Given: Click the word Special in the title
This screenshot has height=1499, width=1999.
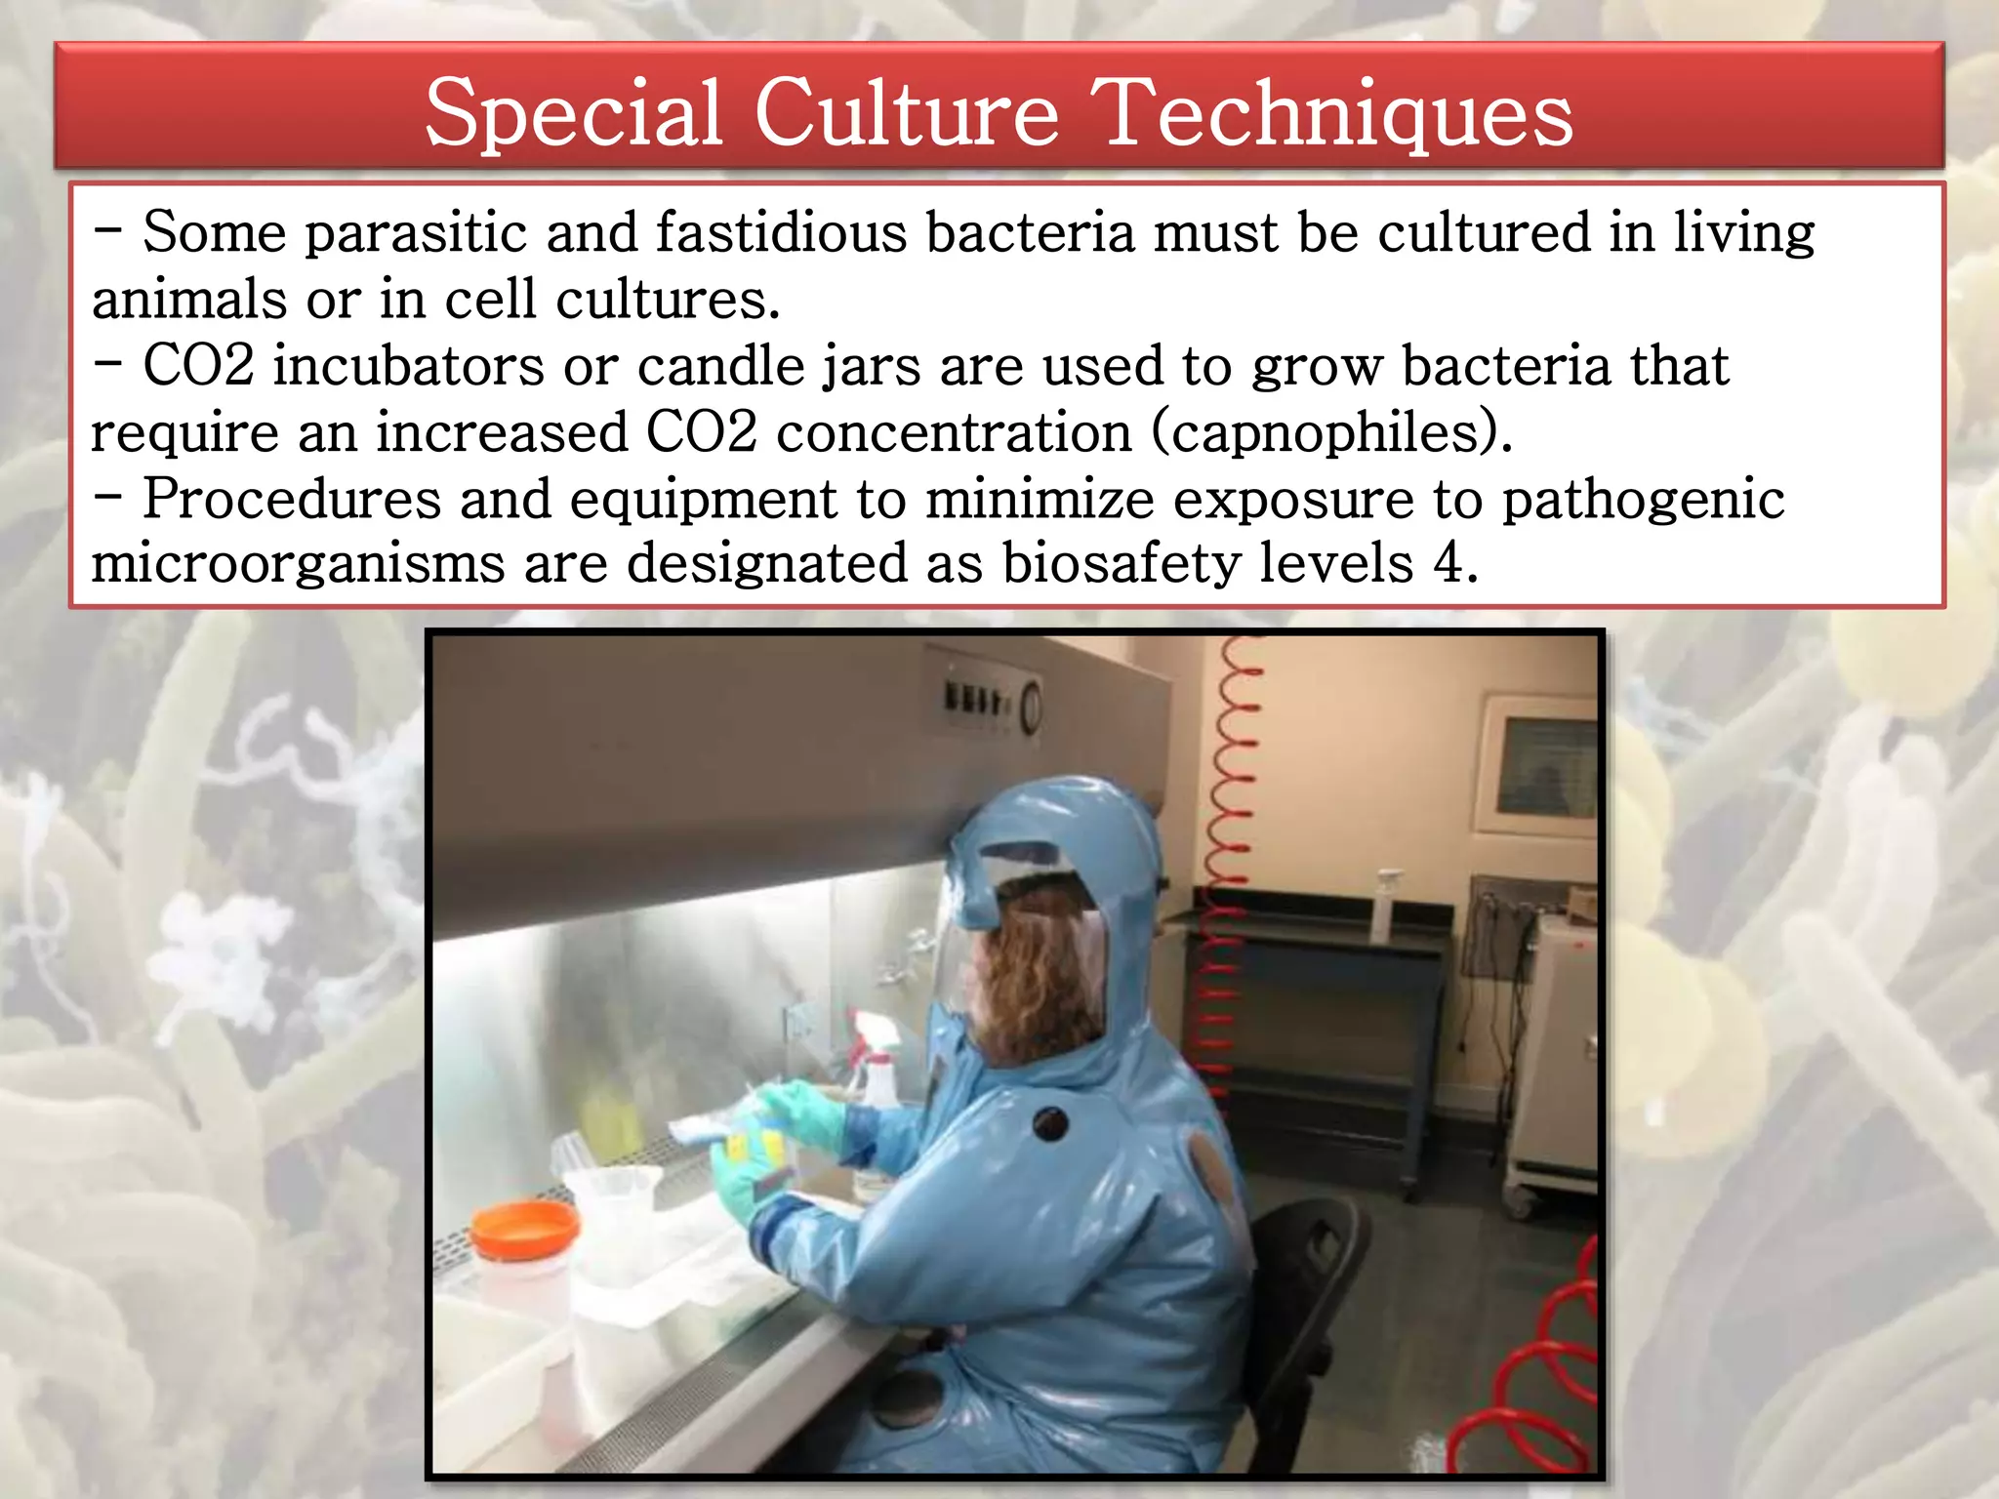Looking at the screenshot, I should (x=573, y=114).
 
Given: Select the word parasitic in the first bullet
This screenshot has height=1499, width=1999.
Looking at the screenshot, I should (x=416, y=234).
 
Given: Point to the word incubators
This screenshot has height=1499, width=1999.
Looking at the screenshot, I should (x=408, y=366).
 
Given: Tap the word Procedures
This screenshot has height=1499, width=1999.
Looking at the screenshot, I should (x=292, y=499).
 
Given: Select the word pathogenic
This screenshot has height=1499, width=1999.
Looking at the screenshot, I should (x=1643, y=501).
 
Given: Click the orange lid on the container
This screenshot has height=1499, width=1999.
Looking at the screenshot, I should (x=522, y=1229).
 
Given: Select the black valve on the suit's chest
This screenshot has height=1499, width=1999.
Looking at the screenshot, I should (x=1049, y=1123).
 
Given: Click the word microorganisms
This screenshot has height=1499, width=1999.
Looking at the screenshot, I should (x=298, y=564).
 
